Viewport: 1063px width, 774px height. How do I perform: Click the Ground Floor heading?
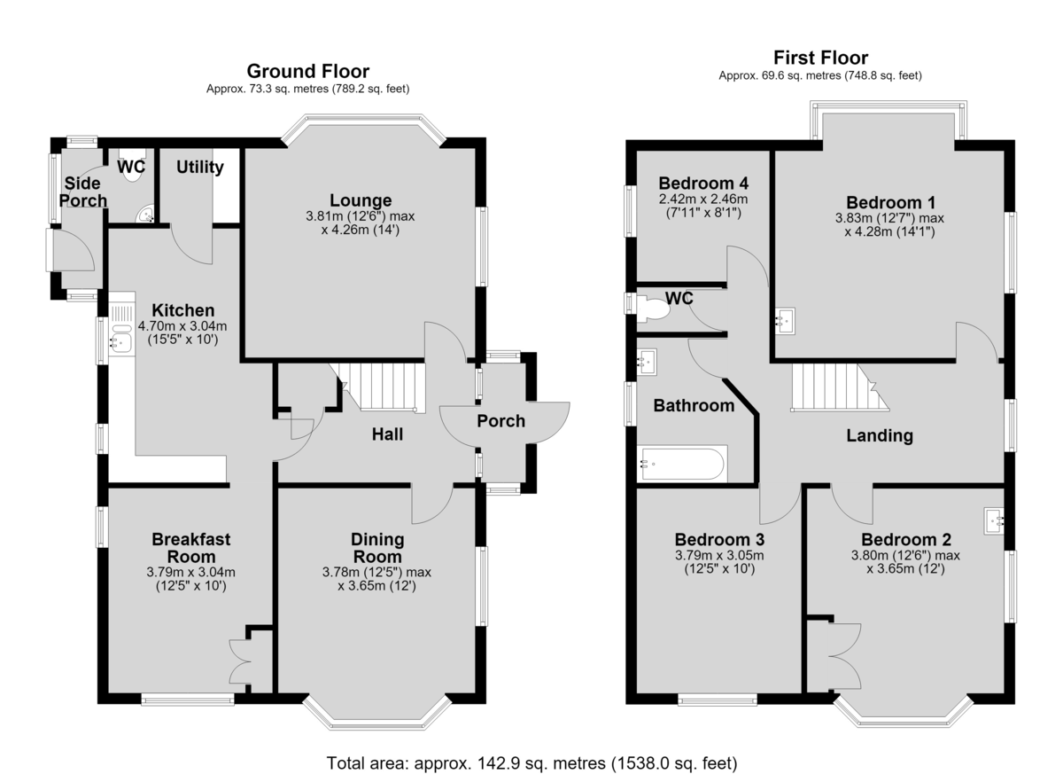coord(307,71)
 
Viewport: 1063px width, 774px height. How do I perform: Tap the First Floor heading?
coord(820,58)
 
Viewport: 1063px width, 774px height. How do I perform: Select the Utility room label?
coord(200,168)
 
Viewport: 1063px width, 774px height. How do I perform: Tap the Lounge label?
coord(361,200)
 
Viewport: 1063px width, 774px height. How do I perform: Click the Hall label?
coord(387,434)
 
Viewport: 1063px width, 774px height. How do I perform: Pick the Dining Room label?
coord(377,548)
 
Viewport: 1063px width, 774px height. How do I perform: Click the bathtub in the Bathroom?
coord(682,464)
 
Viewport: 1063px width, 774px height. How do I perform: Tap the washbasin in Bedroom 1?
coord(785,321)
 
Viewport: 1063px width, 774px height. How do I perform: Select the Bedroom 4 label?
coord(703,183)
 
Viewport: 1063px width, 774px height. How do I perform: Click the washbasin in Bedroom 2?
coord(994,522)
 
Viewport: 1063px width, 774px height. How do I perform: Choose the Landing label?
coord(880,436)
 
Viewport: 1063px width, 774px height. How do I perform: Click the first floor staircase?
coord(839,387)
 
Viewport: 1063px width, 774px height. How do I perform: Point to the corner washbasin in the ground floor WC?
coord(145,215)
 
